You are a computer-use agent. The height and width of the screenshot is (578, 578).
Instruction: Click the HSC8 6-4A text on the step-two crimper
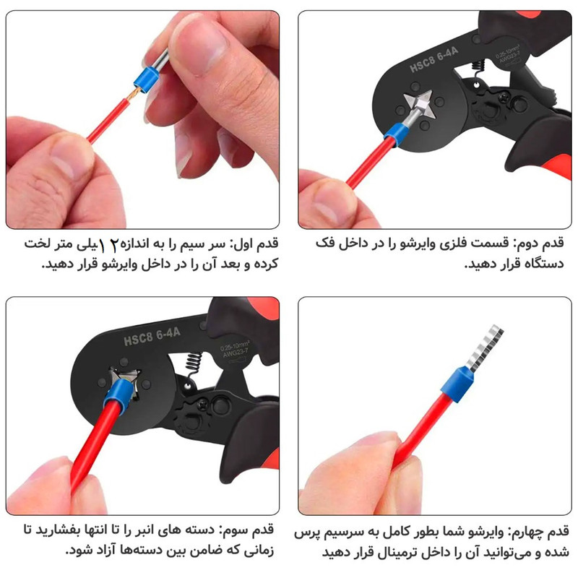[x=434, y=60]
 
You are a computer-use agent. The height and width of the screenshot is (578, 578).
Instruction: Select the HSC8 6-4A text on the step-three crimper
[x=152, y=337]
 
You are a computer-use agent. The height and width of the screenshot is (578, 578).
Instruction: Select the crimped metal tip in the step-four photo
[x=484, y=348]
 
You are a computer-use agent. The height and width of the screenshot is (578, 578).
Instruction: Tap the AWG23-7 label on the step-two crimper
[x=510, y=59]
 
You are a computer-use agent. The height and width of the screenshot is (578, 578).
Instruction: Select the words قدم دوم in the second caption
[x=540, y=243]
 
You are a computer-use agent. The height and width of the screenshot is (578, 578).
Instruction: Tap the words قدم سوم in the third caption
[x=250, y=530]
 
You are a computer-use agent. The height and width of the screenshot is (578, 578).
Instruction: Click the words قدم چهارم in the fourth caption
[x=540, y=532]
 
